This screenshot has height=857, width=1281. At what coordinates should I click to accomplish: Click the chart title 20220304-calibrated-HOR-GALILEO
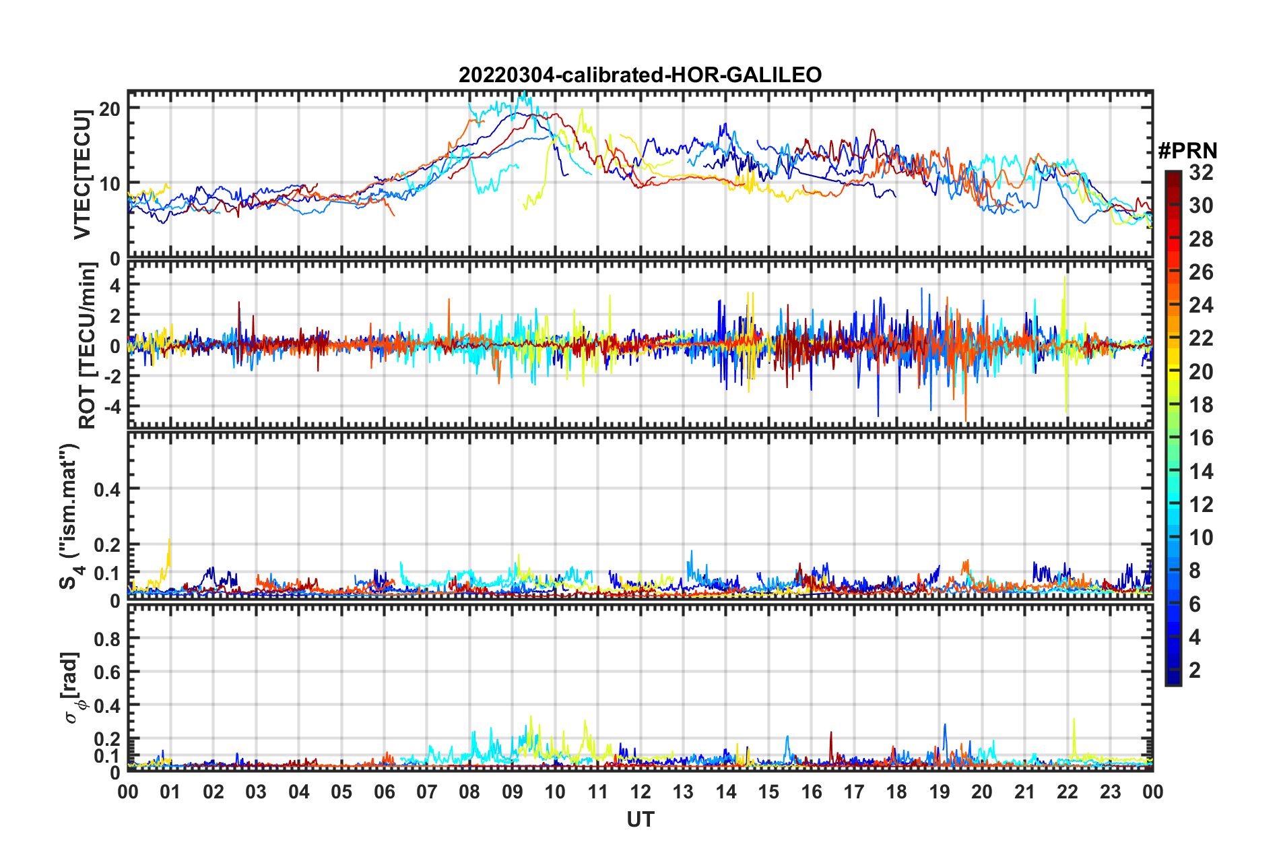640,75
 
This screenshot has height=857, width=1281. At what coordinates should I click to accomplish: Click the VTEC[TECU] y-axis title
82,174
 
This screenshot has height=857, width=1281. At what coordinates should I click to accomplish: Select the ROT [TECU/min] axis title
87,346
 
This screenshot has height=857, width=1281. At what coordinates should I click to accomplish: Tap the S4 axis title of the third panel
69,516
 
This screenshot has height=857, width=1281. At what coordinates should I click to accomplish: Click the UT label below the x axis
640,819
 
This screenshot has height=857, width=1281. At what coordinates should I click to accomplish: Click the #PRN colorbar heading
1187,151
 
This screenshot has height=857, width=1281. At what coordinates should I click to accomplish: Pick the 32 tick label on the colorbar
1201,172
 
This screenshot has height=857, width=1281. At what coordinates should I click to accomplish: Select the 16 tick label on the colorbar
1201,438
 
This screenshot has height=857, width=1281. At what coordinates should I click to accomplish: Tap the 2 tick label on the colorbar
1195,670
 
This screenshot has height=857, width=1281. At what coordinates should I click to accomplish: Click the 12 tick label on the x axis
640,792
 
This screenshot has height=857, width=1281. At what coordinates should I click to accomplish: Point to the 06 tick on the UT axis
384,792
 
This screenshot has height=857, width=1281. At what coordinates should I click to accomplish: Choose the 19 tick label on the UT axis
940,792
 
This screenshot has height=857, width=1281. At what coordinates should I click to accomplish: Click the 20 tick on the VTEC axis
110,108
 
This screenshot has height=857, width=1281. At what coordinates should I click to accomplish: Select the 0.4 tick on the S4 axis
107,489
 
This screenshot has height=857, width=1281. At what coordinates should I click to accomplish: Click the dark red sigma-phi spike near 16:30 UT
831,734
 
